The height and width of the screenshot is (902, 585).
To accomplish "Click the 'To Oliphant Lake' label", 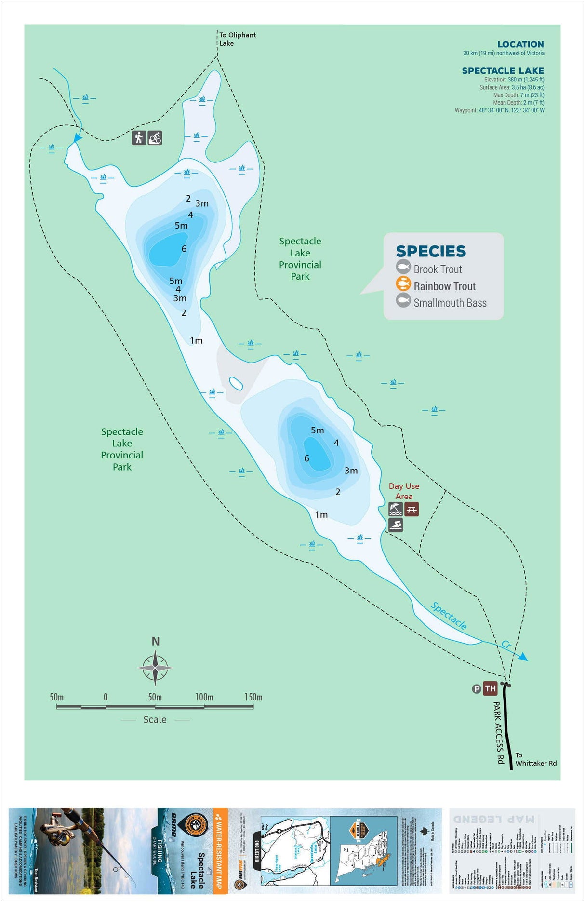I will pyautogui.click(x=237, y=39).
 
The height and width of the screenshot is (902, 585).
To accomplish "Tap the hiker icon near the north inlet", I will pyautogui.click(x=139, y=138).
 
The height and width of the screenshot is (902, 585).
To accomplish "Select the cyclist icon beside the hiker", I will pyautogui.click(x=155, y=138).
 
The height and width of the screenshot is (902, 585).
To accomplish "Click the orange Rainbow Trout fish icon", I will pyautogui.click(x=403, y=284).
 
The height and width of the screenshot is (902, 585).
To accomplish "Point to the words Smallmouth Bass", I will pyautogui.click(x=450, y=303).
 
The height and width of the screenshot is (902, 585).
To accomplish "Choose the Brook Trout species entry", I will pyautogui.click(x=437, y=269).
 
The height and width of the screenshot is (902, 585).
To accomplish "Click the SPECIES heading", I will pyautogui.click(x=431, y=251).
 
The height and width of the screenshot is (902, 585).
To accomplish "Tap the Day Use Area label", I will pyautogui.click(x=404, y=491).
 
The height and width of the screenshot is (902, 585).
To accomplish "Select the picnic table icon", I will pyautogui.click(x=412, y=509).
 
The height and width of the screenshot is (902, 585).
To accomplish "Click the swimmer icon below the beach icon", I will pyautogui.click(x=396, y=525).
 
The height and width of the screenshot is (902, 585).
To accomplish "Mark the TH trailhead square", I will pyautogui.click(x=490, y=688).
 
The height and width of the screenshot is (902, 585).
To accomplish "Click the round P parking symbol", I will pyautogui.click(x=477, y=689).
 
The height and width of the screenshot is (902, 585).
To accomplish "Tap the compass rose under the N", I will pyautogui.click(x=155, y=668).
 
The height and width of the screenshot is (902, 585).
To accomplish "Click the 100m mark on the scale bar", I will pyautogui.click(x=204, y=698).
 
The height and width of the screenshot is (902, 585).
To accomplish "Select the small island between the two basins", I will pyautogui.click(x=236, y=384).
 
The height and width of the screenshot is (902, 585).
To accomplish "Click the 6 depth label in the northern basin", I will pyautogui.click(x=184, y=249).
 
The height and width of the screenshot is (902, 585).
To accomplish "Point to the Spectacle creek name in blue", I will pyautogui.click(x=448, y=616).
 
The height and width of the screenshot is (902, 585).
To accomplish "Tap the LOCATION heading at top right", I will pyautogui.click(x=520, y=44).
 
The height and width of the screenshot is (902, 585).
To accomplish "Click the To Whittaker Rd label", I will pyautogui.click(x=535, y=759).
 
